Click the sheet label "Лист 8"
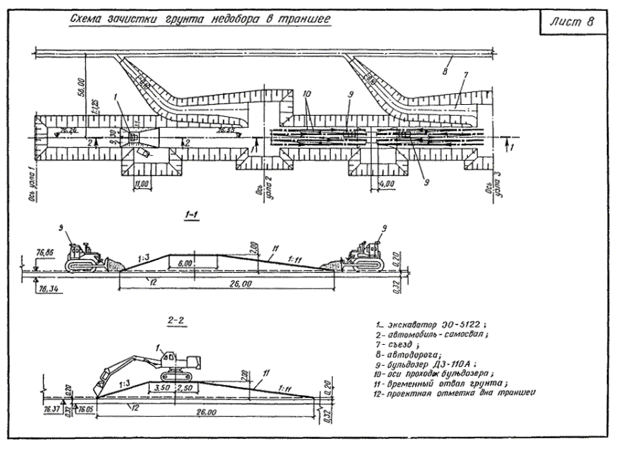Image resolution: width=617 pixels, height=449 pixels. pos(573,21)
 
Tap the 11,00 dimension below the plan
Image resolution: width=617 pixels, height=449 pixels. pos(143,184)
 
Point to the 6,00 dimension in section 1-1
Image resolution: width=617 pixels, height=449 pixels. pos(184,264)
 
